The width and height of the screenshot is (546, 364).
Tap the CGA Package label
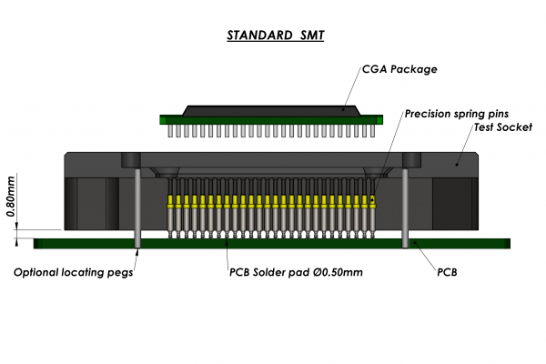click(x=399, y=68)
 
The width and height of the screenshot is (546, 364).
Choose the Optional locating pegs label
click(x=74, y=272)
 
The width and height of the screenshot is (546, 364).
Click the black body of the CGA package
click(x=273, y=110)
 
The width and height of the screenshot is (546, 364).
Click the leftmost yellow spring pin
click(x=171, y=201)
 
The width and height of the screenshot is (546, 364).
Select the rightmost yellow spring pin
click(x=373, y=201)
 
